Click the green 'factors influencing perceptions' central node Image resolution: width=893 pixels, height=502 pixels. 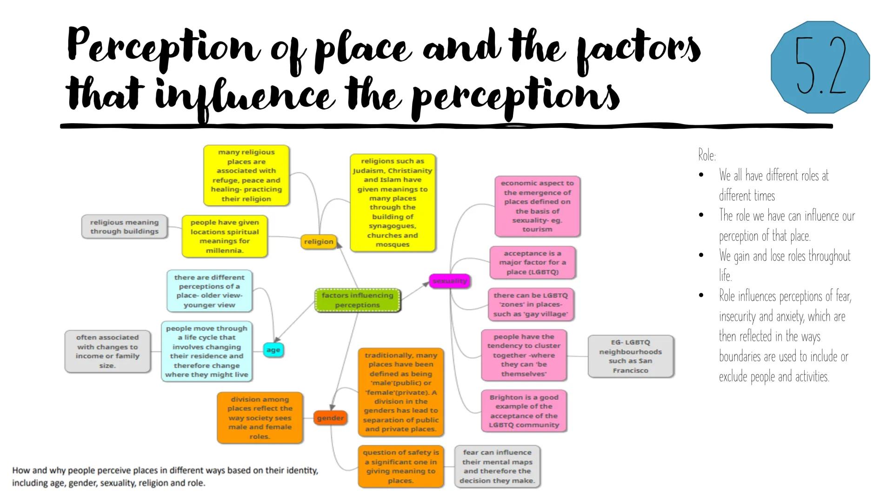(x=357, y=300)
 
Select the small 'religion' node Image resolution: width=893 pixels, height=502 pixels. (x=319, y=242)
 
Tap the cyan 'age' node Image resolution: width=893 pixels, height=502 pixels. (x=273, y=350)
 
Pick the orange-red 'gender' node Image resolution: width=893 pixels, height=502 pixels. (x=330, y=418)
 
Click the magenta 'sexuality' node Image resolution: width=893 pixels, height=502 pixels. (x=449, y=281)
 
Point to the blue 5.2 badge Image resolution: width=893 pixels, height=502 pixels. (x=820, y=67)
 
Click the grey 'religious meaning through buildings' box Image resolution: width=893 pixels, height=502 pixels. (x=124, y=227)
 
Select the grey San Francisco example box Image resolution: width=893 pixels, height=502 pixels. (x=630, y=356)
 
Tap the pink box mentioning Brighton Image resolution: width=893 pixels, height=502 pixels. (x=524, y=411)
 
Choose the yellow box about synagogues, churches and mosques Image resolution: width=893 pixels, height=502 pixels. (x=393, y=203)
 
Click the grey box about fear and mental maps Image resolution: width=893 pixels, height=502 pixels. (x=497, y=466)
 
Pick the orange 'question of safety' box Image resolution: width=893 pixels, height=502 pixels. (x=400, y=466)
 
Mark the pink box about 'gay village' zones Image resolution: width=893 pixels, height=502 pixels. (x=530, y=304)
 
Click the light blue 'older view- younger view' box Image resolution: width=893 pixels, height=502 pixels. (x=209, y=291)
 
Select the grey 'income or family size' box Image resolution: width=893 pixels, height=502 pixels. (x=107, y=351)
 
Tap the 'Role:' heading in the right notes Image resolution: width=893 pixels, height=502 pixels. (x=706, y=155)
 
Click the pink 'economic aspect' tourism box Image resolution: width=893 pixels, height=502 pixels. (x=537, y=206)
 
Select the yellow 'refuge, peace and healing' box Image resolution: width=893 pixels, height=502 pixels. (x=246, y=175)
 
